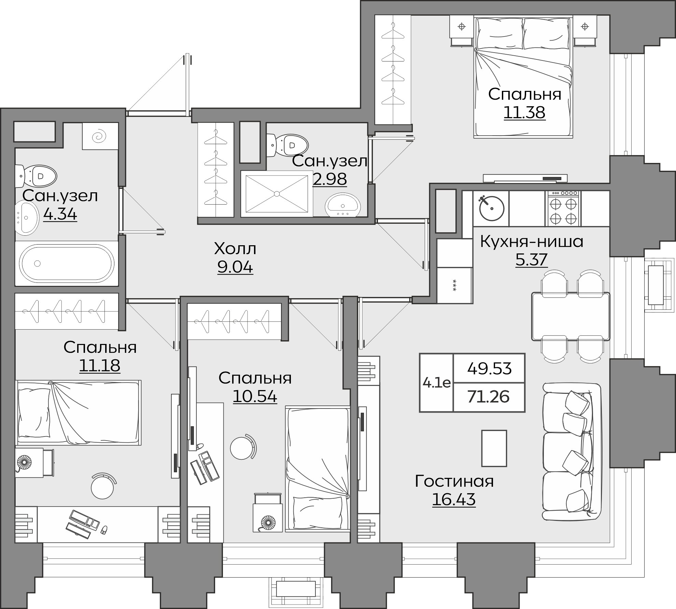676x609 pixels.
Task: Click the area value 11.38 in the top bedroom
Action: pyautogui.click(x=524, y=112)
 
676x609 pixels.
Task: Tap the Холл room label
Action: pyautogui.click(x=235, y=249)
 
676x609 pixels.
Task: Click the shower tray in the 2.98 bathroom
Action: pyautogui.click(x=277, y=194)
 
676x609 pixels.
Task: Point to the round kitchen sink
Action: pyautogui.click(x=491, y=208)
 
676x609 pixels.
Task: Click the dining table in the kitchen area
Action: pyautogui.click(x=571, y=316)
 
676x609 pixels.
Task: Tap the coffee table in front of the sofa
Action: pyautogui.click(x=494, y=448)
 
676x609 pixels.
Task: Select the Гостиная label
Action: pyautogui.click(x=454, y=481)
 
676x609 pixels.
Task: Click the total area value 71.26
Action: pyautogui.click(x=489, y=397)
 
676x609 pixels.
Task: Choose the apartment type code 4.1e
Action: pyautogui.click(x=436, y=383)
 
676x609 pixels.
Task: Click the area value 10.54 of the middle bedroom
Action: pyautogui.click(x=255, y=396)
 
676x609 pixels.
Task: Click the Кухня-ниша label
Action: pyautogui.click(x=532, y=242)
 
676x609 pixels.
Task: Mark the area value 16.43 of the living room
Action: pyautogui.click(x=454, y=499)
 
